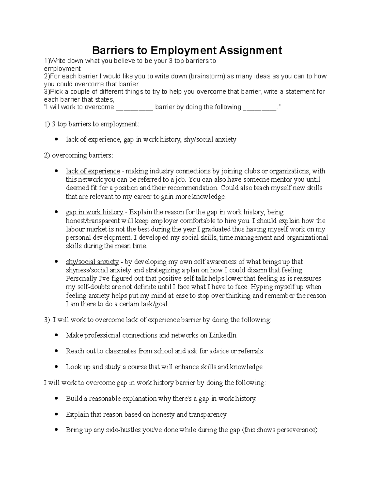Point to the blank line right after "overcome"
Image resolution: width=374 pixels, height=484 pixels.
click(134, 107)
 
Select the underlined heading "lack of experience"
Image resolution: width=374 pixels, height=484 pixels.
click(93, 171)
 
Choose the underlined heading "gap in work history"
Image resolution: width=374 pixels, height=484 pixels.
click(94, 212)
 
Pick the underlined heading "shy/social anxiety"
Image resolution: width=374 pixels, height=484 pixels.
click(92, 262)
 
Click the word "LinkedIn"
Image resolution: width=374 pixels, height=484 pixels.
click(223, 335)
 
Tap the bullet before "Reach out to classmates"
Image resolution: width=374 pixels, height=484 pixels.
click(56, 351)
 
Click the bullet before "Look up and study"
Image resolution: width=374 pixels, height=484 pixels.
click(56, 367)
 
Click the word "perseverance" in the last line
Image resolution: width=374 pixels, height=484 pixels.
click(296, 430)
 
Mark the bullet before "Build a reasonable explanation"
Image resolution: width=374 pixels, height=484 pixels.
click(56, 399)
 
